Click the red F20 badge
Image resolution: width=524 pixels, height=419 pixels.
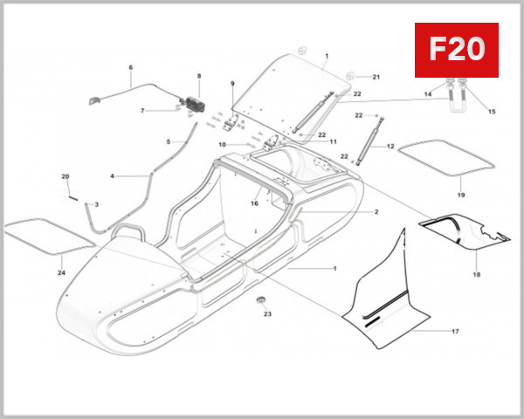[455, 51]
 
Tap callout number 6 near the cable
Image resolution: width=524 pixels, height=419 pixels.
[131, 68]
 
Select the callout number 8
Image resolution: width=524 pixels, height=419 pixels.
[198, 77]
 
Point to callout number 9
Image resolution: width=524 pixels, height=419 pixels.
[232, 84]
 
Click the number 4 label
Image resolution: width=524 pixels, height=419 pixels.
[112, 176]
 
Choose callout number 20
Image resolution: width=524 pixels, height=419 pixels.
[65, 177]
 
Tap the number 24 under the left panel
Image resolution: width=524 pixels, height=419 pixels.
[62, 272]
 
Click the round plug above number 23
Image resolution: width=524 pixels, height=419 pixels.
[259, 300]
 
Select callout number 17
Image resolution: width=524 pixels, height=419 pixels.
[455, 332]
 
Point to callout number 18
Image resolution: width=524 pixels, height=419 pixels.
[477, 274]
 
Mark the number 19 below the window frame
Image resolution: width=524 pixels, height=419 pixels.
[461, 196]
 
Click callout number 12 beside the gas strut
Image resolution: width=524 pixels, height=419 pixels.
[390, 147]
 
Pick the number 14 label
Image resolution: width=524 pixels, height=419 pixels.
[428, 93]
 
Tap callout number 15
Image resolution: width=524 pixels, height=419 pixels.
[491, 111]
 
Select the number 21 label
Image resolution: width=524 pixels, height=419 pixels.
[377, 78]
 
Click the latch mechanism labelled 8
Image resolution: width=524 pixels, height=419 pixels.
[190, 101]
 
